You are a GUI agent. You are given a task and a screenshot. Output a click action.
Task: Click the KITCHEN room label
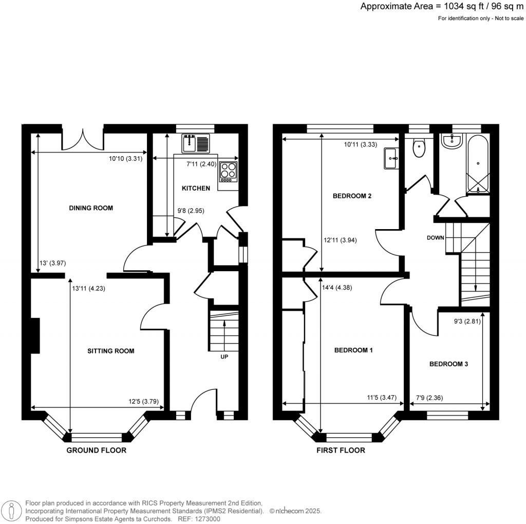click(x=196, y=189)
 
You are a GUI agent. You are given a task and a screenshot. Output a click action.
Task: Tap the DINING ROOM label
click(x=91, y=208)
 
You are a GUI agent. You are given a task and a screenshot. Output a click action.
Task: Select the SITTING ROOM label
click(x=110, y=351)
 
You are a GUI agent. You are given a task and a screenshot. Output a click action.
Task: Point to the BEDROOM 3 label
click(x=448, y=364)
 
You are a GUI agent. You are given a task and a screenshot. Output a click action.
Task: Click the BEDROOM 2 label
click(x=352, y=196)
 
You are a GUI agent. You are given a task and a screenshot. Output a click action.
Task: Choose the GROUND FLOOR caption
click(x=96, y=451)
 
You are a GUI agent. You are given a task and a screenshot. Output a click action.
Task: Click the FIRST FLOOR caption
click(x=341, y=451)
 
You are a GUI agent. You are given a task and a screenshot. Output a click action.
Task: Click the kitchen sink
click(x=196, y=143)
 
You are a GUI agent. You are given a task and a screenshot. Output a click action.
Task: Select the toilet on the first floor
click(x=420, y=148)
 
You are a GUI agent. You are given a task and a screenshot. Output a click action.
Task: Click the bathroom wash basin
click(x=453, y=142)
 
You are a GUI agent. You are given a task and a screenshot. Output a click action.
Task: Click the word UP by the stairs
click(x=224, y=357)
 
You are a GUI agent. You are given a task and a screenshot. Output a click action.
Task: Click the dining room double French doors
click(x=83, y=138)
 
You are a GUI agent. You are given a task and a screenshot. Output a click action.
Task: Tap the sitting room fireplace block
click(x=35, y=335)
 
